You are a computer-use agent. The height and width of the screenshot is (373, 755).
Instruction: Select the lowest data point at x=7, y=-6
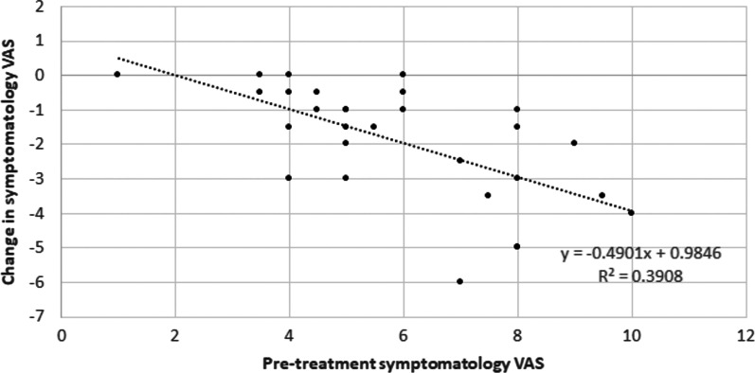point(460,281)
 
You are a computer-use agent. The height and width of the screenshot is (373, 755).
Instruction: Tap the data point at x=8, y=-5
point(517,246)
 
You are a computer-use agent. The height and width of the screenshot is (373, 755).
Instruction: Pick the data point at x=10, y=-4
point(631,212)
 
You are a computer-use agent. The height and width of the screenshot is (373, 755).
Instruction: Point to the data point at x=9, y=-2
point(574,143)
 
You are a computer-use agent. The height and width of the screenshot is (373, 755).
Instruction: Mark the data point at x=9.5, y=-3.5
point(602,195)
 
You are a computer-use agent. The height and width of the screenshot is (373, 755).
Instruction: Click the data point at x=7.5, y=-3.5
point(489,195)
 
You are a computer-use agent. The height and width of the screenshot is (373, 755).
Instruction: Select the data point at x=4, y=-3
point(289,177)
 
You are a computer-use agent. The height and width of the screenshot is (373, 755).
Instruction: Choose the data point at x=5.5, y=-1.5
point(374,126)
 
